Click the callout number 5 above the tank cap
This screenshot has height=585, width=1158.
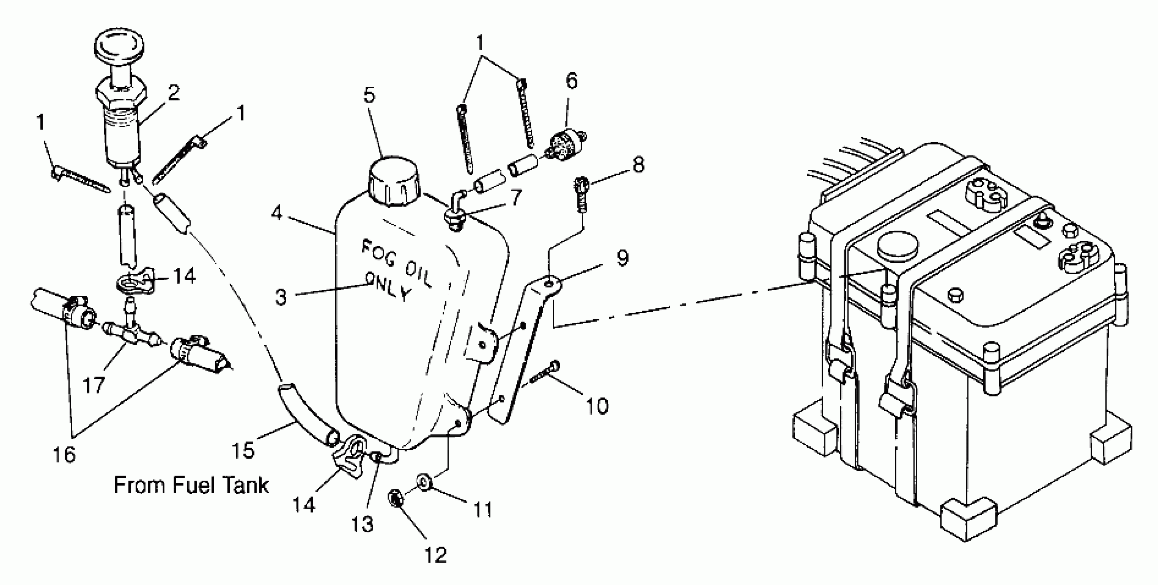pyautogui.click(x=369, y=95)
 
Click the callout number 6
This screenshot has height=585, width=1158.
pyautogui.click(x=571, y=81)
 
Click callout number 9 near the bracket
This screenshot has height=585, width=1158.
pyautogui.click(x=623, y=258)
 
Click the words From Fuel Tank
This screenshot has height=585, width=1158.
pyautogui.click(x=191, y=485)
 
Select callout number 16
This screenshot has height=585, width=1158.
pyautogui.click(x=64, y=455)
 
